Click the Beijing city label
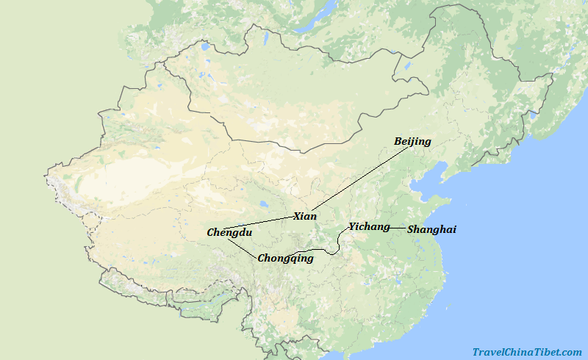[x=412, y=141]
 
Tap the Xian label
[x=305, y=216]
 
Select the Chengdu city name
[x=229, y=232]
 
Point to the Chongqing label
[x=285, y=258]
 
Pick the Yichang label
[x=369, y=226]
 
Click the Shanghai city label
[x=431, y=229]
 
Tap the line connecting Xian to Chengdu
[x=257, y=223]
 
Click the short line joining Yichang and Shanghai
[x=398, y=228]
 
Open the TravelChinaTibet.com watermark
[x=526, y=352]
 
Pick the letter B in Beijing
[x=398, y=141]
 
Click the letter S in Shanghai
[x=411, y=230]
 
